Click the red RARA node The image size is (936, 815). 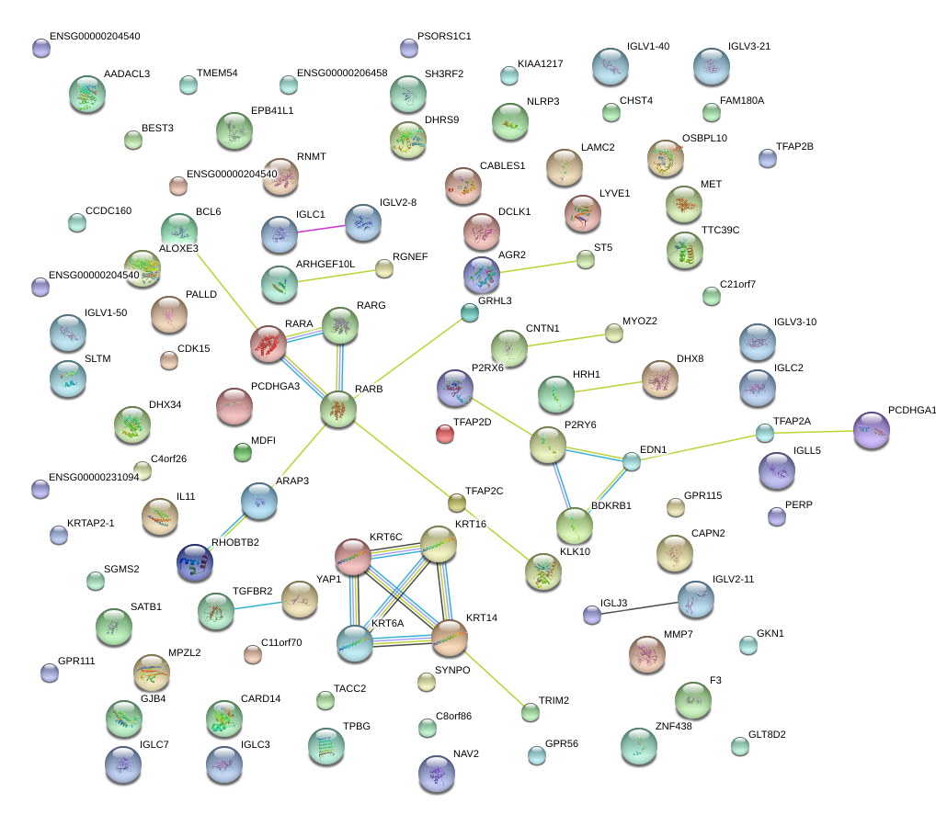pyautogui.click(x=268, y=344)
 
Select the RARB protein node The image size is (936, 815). pyautogui.click(x=338, y=408)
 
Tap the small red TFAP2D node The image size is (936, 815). pyautogui.click(x=445, y=433)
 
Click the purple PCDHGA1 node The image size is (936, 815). pyautogui.click(x=872, y=430)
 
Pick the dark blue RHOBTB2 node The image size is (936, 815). pyautogui.click(x=195, y=562)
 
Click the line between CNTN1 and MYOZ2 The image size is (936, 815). pyautogui.click(x=562, y=339)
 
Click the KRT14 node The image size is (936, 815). pyautogui.click(x=450, y=637)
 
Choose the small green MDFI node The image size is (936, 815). pyautogui.click(x=243, y=452)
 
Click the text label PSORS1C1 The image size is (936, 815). pyautogui.click(x=444, y=37)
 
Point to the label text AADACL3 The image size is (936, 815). pyautogui.click(x=127, y=74)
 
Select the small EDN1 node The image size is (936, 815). pyautogui.click(x=631, y=461)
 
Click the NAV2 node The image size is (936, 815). pyautogui.click(x=436, y=773)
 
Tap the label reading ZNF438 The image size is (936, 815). pyautogui.click(x=673, y=726)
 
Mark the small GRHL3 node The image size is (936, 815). pyautogui.click(x=470, y=312)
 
